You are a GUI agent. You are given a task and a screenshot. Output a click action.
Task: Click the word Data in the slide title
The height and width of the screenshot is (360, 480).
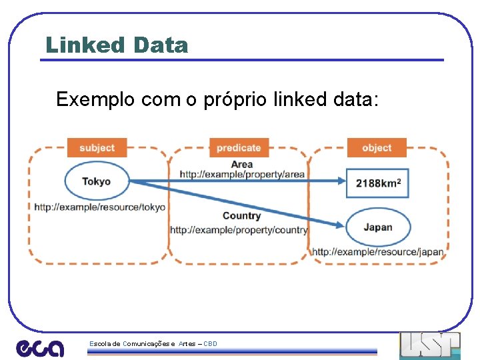[x=160, y=45]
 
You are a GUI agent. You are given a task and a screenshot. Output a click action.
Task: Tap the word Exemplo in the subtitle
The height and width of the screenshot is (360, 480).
[x=95, y=100]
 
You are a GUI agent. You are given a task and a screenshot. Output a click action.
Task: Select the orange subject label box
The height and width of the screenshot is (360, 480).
[x=97, y=147]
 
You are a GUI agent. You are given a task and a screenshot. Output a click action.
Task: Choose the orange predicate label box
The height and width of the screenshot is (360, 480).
[x=239, y=147]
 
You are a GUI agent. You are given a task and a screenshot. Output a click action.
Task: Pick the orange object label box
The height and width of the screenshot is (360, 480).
[x=377, y=147]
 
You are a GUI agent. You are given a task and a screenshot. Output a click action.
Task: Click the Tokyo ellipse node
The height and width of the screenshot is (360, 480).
[x=97, y=181]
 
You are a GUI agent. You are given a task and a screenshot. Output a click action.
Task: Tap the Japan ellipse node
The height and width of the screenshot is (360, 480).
[x=378, y=227]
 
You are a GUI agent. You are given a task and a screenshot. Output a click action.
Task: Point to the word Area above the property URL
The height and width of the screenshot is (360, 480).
[x=241, y=164]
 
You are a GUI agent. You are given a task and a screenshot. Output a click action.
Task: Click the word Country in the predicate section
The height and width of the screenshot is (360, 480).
[x=241, y=215]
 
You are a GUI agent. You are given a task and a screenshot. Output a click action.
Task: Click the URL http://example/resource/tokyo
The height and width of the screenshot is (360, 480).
[x=100, y=207]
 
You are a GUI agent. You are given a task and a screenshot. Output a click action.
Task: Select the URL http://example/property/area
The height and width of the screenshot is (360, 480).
[x=242, y=175]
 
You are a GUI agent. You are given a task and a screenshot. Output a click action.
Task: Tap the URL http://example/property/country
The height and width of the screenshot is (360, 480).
[x=239, y=230]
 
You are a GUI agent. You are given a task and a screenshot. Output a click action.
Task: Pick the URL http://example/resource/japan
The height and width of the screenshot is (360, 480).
[x=377, y=252]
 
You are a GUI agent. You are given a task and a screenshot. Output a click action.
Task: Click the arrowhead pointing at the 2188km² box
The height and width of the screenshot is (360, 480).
[x=341, y=180]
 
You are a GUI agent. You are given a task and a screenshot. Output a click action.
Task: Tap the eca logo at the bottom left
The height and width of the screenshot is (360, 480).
[x=40, y=347]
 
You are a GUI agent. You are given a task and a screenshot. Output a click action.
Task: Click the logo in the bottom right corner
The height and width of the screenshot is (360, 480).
[x=430, y=345]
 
